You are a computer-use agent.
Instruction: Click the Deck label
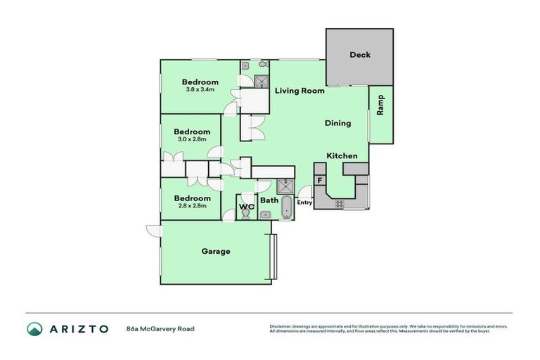pos(359,55)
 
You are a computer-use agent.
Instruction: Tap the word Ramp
pos(380,105)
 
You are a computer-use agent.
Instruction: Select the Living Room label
pos(300,90)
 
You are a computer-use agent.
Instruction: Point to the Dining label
pos(337,123)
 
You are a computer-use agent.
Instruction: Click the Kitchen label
pos(342,155)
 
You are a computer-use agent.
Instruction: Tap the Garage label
pos(216,251)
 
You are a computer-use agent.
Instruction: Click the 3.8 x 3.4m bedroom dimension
pos(200,89)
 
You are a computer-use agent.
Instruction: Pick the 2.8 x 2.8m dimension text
pos(192,206)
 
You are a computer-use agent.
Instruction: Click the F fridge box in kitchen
pos(320,180)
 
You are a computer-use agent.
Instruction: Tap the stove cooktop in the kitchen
pos(340,203)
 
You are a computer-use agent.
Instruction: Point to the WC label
pos(246,207)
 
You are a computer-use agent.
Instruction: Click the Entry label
pos(304,202)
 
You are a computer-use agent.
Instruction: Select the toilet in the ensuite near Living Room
pos(262,65)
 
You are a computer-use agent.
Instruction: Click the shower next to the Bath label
pos(285,186)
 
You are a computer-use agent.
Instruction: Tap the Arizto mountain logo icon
pos(34,328)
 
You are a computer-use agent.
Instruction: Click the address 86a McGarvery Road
pos(160,328)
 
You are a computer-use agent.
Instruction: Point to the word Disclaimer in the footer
pos(283,326)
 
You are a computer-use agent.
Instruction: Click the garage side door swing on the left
pos(153,229)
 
